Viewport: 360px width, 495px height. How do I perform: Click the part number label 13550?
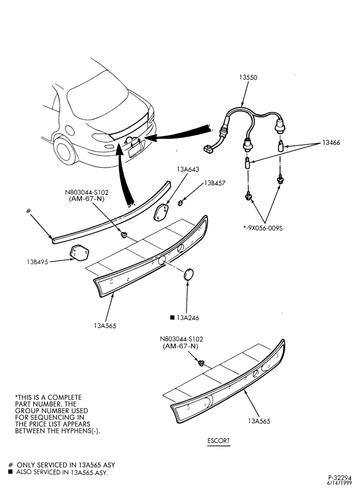[x=248, y=77]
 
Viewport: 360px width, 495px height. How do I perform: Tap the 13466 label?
[x=331, y=143]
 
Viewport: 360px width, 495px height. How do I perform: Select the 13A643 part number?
[x=188, y=169]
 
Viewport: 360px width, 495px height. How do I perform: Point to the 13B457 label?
[x=215, y=183]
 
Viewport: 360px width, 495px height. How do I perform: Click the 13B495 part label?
[x=38, y=262]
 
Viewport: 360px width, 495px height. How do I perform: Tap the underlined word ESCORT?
[x=219, y=441]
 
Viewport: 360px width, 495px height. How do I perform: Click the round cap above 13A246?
[x=188, y=274]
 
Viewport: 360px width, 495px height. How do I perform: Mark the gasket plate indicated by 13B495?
[x=79, y=253]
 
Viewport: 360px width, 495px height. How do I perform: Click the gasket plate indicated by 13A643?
[x=161, y=212]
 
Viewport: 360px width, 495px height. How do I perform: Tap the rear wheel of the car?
[x=65, y=150]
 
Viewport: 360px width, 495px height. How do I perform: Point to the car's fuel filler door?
[x=69, y=130]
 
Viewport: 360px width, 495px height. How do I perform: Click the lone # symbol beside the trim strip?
[x=28, y=211]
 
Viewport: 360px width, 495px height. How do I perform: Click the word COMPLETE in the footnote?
[x=65, y=397]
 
